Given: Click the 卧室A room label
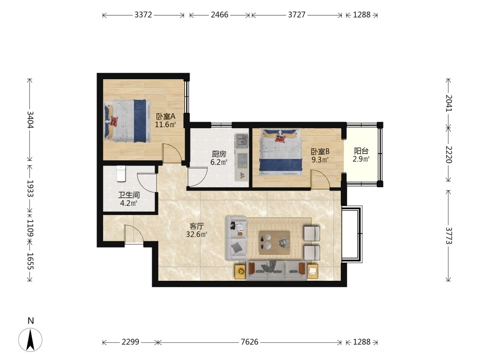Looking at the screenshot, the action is coord(166,116).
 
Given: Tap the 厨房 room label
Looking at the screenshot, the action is coord(219,154).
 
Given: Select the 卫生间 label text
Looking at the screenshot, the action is coord(129,195).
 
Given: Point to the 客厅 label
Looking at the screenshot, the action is coord(196,226).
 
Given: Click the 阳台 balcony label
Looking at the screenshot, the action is coord(361,151).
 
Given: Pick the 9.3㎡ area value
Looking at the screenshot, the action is coord(320,159).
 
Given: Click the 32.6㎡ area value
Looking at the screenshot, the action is coord(196,235).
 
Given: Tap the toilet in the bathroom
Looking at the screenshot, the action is coord(121,173).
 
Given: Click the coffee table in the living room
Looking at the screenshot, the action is coord(275,242).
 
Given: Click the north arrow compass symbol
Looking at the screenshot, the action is coord(30,339).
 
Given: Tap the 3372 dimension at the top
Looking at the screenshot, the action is coord(143,15).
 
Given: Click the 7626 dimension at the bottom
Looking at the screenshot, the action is coord(250,342).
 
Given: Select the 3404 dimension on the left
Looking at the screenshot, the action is coord(30,120).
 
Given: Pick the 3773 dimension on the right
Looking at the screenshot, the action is coord(448,235).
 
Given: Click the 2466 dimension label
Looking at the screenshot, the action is coord(219,15).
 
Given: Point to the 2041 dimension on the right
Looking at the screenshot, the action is coord(448,103).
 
